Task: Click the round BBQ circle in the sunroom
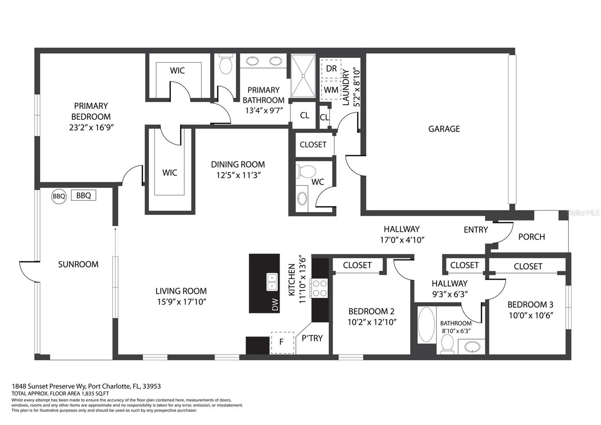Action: (59, 196)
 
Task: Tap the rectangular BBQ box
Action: (83, 195)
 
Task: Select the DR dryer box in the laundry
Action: (331, 69)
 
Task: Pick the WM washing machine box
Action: (331, 90)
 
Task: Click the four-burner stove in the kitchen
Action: (320, 288)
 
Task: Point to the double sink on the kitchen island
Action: (272, 282)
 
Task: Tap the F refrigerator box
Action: (282, 343)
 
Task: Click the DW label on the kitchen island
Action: (275, 305)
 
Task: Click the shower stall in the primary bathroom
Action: (303, 76)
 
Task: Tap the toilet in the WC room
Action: (306, 171)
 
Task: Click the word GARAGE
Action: (444, 129)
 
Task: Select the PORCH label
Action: (532, 237)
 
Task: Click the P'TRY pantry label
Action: (312, 338)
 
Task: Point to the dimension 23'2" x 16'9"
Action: (92, 127)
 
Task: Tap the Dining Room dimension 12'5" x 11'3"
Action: (239, 175)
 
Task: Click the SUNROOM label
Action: (79, 264)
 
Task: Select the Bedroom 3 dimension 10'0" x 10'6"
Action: (531, 315)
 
